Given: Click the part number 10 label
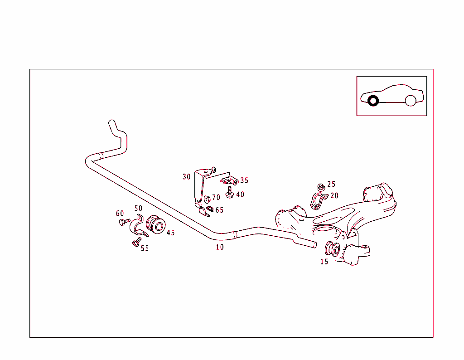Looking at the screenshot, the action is [x=220, y=247].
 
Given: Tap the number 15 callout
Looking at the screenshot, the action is [x=324, y=262].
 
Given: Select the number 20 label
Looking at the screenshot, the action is [x=334, y=195].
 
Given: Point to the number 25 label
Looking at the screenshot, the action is [x=331, y=184].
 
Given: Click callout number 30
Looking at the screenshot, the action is [x=187, y=176].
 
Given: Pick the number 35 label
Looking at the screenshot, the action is [x=244, y=180].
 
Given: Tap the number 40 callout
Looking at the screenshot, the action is [x=240, y=195].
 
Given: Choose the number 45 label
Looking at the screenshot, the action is [x=170, y=233].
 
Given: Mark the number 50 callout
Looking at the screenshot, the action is [x=138, y=208].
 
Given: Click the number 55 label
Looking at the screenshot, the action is [x=145, y=248].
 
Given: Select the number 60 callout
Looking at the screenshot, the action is [x=120, y=214].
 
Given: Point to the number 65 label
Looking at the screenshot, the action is [x=219, y=210].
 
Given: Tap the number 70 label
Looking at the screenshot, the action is [x=216, y=197].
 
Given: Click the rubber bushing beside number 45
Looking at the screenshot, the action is [x=156, y=225].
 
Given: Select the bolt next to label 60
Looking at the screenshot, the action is [x=124, y=222].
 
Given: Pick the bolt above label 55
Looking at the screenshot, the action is [x=135, y=243].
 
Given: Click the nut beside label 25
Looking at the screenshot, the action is [x=320, y=186].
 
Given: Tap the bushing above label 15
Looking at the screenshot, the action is [x=333, y=249].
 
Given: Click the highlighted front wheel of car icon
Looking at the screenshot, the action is [x=373, y=101].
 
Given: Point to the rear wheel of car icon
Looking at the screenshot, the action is [x=411, y=101].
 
